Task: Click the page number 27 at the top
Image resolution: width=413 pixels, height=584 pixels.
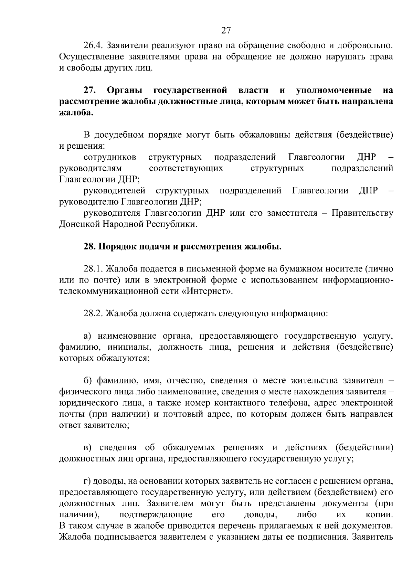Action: coord(225,30)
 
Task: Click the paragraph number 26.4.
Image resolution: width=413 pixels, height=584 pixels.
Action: coord(93,45)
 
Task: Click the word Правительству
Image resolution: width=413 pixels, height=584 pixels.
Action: coord(362,213)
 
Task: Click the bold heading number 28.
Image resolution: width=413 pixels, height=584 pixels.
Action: coord(90,246)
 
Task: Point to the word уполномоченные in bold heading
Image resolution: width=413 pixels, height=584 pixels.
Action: coord(333,91)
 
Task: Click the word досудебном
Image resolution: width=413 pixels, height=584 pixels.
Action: coord(119,135)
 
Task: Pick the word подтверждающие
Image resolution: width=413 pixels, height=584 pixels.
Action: coord(155,515)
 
